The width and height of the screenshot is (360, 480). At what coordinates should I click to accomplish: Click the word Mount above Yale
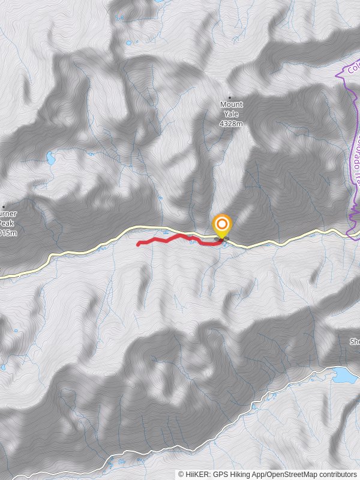pos(231,104)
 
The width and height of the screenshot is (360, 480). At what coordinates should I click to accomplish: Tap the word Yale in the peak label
pos(231,114)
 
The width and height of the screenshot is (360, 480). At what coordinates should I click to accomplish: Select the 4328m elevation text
pos(231,124)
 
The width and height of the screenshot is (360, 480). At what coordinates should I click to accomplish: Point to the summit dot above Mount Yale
pos(229,97)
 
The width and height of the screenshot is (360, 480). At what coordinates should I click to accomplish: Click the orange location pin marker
pos(222,227)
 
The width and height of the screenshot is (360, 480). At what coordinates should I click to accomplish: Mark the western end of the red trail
pos(139,244)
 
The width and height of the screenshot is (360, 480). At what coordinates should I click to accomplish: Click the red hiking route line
pos(174,238)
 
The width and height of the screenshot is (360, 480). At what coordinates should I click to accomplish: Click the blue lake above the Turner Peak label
pos(50,158)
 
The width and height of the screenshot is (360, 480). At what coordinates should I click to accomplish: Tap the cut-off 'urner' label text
pos(7,214)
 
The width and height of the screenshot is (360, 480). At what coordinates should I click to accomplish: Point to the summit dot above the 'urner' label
pos(4,207)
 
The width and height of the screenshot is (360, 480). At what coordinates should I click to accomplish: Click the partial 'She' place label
pos(355,341)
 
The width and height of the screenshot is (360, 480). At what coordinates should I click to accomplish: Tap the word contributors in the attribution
pos(337,474)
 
